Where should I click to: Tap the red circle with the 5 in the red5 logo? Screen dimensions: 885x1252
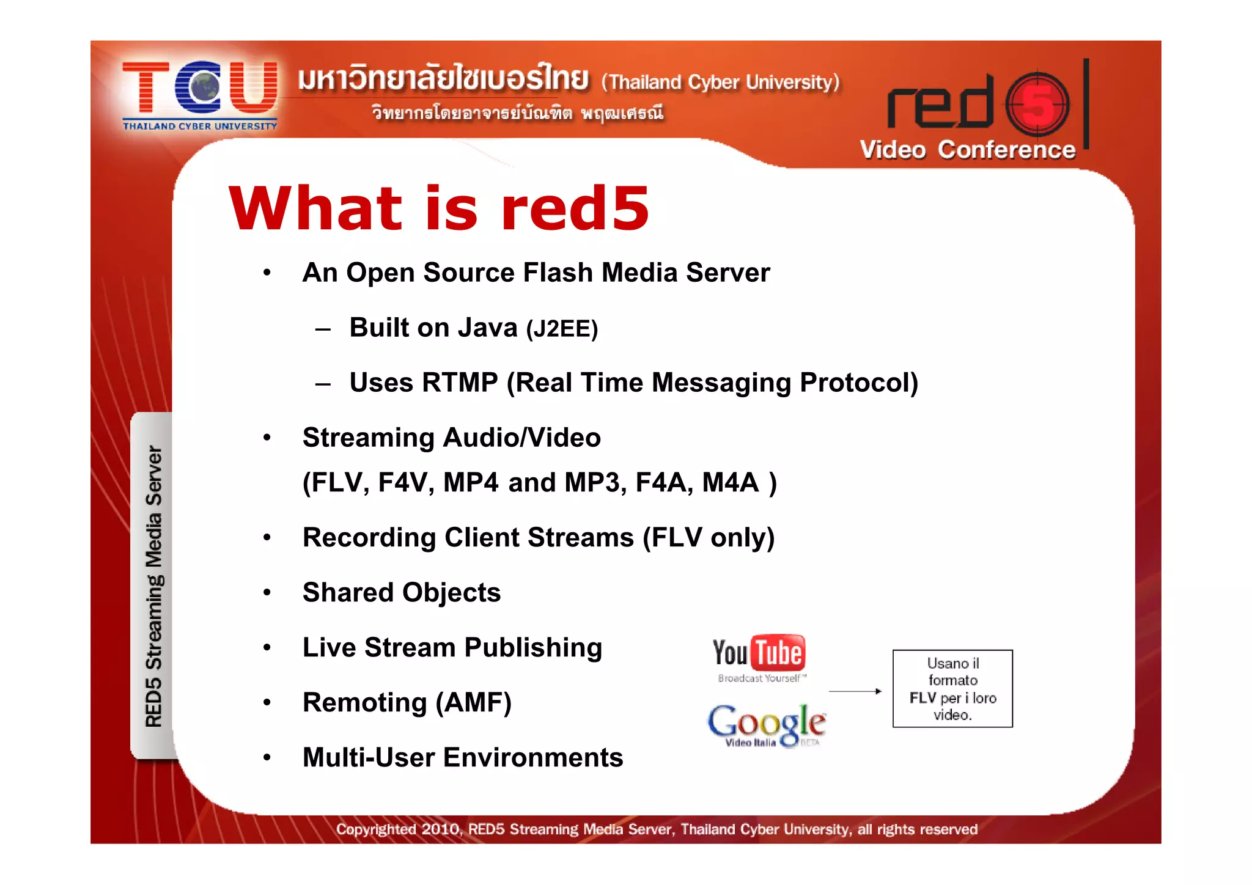pos(1037,104)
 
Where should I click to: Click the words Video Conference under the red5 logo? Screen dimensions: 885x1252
pos(967,150)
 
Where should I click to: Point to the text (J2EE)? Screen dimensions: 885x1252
pos(562,329)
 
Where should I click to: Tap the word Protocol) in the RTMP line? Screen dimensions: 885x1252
pos(859,383)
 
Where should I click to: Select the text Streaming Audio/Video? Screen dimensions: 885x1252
pos(451,438)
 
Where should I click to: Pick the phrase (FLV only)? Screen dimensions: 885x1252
pos(709,538)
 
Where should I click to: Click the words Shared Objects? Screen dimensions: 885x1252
pos(402,592)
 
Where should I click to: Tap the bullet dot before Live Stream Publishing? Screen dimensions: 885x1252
pos(267,648)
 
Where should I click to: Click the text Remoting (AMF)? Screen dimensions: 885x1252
pos(407,702)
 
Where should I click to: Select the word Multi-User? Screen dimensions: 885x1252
pos(369,757)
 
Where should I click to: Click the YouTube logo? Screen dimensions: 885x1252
pos(759,657)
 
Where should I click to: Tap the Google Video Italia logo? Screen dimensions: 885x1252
pos(767,725)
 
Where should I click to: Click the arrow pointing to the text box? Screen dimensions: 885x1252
pos(855,691)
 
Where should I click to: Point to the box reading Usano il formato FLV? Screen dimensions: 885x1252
pos(952,689)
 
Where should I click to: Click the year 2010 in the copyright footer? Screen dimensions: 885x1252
pos(440,829)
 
